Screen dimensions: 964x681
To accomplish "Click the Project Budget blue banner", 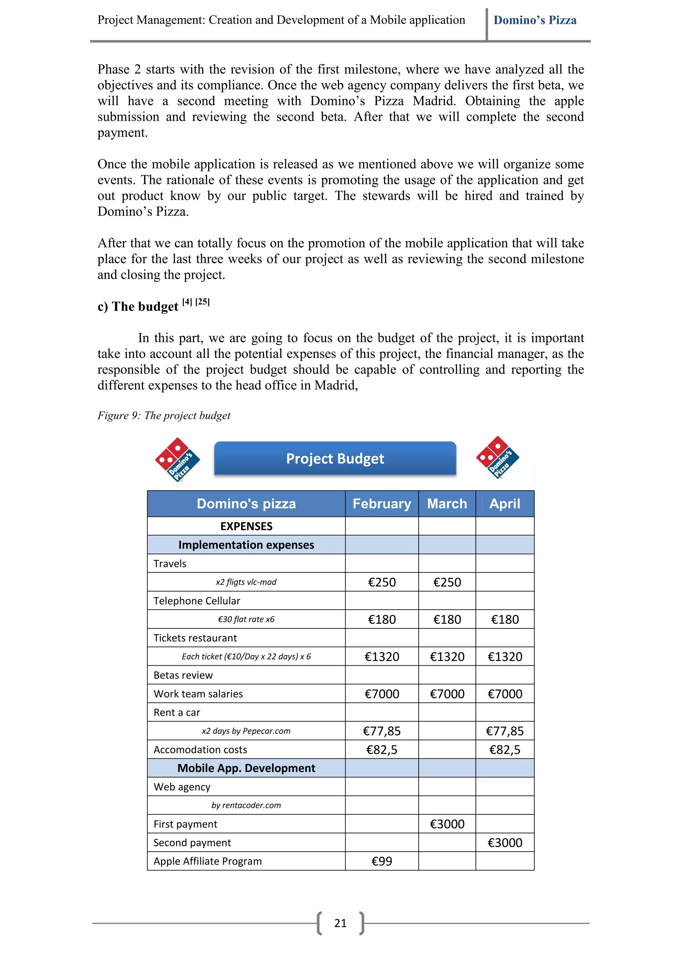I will pyautogui.click(x=335, y=458).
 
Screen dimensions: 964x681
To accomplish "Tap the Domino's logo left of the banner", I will pyautogui.click(x=178, y=459).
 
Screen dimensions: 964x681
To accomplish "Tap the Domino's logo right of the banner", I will pyautogui.click(x=498, y=458).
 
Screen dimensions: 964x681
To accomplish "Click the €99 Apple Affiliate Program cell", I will pyautogui.click(x=381, y=861).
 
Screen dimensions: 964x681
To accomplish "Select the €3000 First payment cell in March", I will pyautogui.click(x=447, y=824).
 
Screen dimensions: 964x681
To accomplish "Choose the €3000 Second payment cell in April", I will pyautogui.click(x=505, y=843).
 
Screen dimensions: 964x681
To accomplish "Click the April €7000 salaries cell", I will pyautogui.click(x=505, y=694).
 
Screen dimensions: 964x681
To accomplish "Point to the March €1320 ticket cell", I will pyautogui.click(x=447, y=657).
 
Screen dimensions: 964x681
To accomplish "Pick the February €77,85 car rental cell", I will pyautogui.click(x=381, y=731).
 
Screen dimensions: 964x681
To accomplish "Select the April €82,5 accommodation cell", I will pyautogui.click(x=505, y=749).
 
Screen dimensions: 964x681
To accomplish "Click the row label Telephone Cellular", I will pyautogui.click(x=197, y=601).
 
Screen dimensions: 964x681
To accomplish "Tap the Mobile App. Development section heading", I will pyautogui.click(x=246, y=768).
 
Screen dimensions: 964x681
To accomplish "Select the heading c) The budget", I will pyautogui.click(x=138, y=306).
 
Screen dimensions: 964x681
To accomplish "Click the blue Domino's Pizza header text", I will pyautogui.click(x=535, y=20).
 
